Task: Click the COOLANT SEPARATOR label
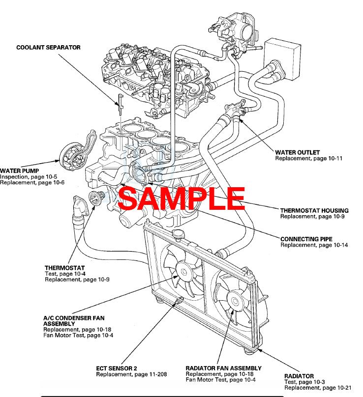48,48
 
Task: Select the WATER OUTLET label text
297,152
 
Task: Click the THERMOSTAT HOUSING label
314,210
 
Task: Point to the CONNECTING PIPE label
306,239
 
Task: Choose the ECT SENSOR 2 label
116,368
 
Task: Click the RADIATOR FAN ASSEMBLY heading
223,368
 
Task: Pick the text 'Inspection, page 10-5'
29,177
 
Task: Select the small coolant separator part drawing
120,101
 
